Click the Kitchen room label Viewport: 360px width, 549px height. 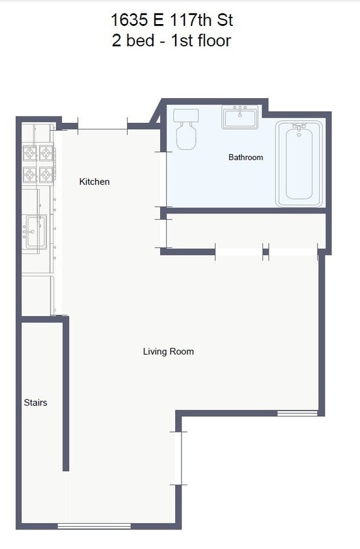point(94,181)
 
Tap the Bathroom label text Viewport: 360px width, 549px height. point(245,157)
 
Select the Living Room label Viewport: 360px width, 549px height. point(168,351)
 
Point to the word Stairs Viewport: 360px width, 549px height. point(35,403)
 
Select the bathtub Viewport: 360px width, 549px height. point(299,164)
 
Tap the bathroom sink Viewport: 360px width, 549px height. point(240,118)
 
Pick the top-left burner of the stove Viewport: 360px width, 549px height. point(30,154)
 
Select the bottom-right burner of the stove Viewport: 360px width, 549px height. point(46,174)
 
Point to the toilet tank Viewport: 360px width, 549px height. point(186,116)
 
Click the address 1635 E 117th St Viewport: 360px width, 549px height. point(172,20)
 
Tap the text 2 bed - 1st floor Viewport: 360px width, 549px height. point(172,40)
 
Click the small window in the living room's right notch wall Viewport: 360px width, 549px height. point(297,413)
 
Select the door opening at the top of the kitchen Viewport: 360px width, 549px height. point(102,126)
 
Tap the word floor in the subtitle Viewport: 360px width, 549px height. point(212,40)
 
